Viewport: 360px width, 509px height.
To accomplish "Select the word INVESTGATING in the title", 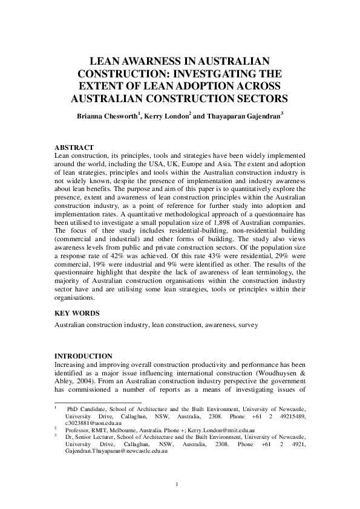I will click(x=239, y=73).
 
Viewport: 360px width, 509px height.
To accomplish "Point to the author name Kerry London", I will click(x=167, y=115).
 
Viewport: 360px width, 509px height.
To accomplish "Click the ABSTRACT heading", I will click(x=74, y=148).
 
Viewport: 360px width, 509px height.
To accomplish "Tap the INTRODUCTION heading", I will click(x=83, y=355).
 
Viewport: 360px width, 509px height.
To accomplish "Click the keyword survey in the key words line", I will click(x=247, y=325).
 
